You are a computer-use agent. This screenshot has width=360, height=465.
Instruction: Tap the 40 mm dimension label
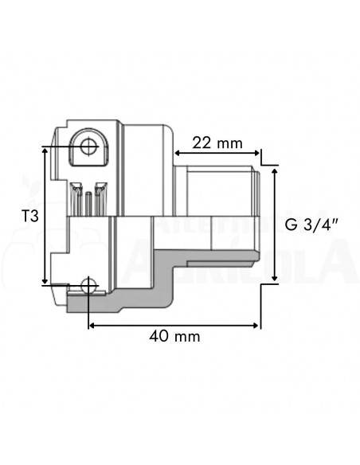coord(174,337)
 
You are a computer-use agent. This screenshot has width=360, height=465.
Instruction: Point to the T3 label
coord(28,215)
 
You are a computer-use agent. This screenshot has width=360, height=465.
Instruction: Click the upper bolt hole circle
coord(87,146)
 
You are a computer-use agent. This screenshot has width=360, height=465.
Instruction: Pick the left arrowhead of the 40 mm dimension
coord(92,324)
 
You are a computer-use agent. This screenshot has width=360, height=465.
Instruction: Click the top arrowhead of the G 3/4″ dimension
coord(275,170)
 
